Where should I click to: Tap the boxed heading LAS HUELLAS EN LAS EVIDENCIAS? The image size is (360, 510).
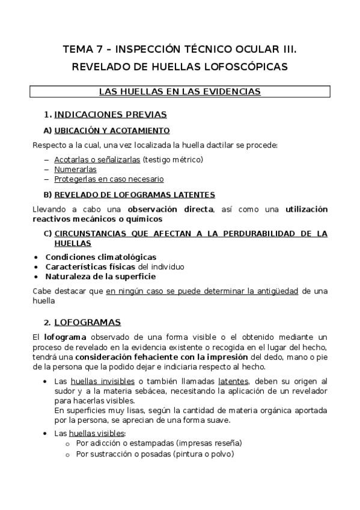point(180,91)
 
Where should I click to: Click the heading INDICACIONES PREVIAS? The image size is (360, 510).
point(110,114)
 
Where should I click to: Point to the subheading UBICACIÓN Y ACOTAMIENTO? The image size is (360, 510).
point(112,131)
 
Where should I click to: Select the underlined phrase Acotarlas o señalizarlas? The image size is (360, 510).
point(97,159)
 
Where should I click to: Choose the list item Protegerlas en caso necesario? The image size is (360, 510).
point(109,179)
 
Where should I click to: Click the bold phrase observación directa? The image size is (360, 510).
point(170,209)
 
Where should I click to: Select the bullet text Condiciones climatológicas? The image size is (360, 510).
point(101,257)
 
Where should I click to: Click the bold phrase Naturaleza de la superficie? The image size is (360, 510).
point(100,277)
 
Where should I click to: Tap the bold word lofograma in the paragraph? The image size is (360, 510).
point(64,337)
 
